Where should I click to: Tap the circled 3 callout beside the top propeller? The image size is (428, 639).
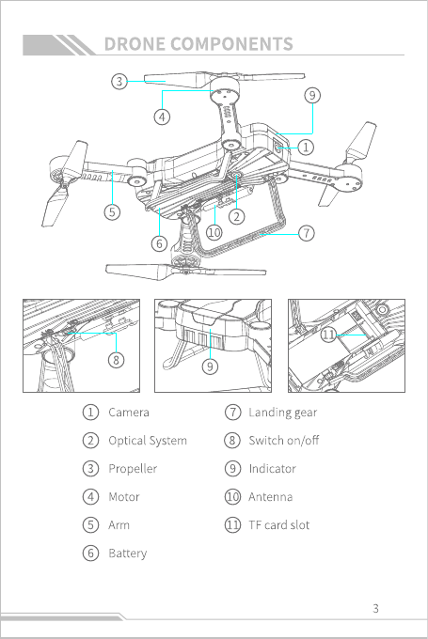pos(119,81)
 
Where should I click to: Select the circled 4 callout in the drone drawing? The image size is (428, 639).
pos(162,117)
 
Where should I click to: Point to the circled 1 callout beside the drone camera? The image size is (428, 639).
pos(306,148)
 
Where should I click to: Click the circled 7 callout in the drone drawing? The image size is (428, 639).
pos(307,233)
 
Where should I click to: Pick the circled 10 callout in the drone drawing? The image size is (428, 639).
pos(214,232)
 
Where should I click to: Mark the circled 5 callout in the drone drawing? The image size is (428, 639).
pos(112,212)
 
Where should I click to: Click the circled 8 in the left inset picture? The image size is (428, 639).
pos(117,360)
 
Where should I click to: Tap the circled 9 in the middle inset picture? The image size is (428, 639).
pos(210,366)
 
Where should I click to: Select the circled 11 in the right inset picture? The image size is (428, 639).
pos(328,335)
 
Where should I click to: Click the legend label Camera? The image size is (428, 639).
pos(129,413)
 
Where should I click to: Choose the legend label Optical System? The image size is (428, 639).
pos(148,441)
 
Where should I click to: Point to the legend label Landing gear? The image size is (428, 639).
pos(283,413)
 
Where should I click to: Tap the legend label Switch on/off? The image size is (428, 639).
pos(284,441)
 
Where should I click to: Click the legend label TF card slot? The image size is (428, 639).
pos(279,525)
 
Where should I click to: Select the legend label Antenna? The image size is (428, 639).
pos(271,497)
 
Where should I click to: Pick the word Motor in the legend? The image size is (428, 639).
pos(124,497)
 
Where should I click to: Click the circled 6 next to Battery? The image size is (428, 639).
pos(90,553)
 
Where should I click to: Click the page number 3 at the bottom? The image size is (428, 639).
pos(375,608)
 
